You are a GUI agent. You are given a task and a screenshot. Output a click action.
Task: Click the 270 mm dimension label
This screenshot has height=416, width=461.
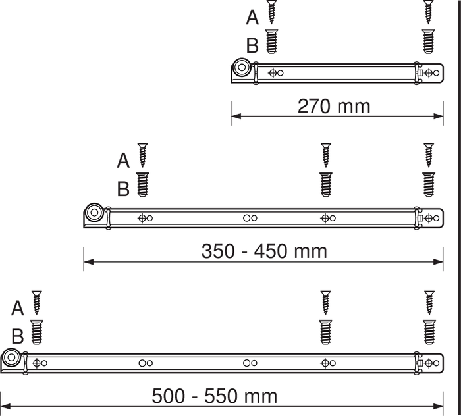[x=334, y=106]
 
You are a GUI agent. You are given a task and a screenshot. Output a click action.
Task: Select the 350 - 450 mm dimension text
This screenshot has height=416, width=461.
[x=264, y=251]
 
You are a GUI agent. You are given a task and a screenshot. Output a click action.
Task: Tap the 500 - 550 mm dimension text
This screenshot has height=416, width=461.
[x=214, y=396]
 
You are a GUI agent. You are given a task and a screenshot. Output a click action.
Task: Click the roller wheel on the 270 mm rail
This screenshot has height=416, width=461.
[x=242, y=67]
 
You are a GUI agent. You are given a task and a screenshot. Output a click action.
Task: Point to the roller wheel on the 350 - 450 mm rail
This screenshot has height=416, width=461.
[x=94, y=212]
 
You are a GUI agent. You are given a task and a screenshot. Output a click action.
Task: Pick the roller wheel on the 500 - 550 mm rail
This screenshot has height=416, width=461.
[x=11, y=357]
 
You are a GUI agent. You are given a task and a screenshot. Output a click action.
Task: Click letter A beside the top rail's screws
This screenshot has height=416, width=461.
[x=252, y=17]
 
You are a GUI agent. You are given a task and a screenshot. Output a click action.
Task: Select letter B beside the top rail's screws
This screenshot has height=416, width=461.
[x=252, y=45]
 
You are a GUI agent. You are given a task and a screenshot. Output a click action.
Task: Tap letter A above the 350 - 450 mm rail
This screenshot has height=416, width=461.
[x=123, y=161]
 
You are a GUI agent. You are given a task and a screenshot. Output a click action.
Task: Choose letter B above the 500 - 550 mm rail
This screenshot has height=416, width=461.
[x=18, y=336]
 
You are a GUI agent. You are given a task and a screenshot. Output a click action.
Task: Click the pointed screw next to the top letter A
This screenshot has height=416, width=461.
[x=271, y=12]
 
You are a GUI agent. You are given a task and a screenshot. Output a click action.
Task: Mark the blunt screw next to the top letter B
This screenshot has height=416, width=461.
[x=271, y=41]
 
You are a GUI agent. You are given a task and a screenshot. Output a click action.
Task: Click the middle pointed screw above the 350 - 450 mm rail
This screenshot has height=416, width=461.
[x=326, y=155]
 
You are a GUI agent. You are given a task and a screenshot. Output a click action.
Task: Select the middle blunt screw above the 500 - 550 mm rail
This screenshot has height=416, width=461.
[x=325, y=332]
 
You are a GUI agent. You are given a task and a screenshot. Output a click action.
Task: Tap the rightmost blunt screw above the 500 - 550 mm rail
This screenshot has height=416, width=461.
[x=429, y=332]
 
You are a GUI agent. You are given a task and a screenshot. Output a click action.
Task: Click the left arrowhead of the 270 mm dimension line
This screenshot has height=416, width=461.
[x=236, y=116]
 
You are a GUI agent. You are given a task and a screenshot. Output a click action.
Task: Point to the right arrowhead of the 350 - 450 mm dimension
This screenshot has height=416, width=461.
[x=438, y=261]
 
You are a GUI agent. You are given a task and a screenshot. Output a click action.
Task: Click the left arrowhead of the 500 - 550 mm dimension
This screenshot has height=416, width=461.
[x=5, y=407]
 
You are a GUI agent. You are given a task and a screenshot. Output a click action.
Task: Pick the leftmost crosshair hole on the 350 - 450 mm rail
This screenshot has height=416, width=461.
[x=142, y=218]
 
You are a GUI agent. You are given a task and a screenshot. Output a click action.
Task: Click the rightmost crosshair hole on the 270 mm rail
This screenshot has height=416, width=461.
[x=429, y=72]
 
